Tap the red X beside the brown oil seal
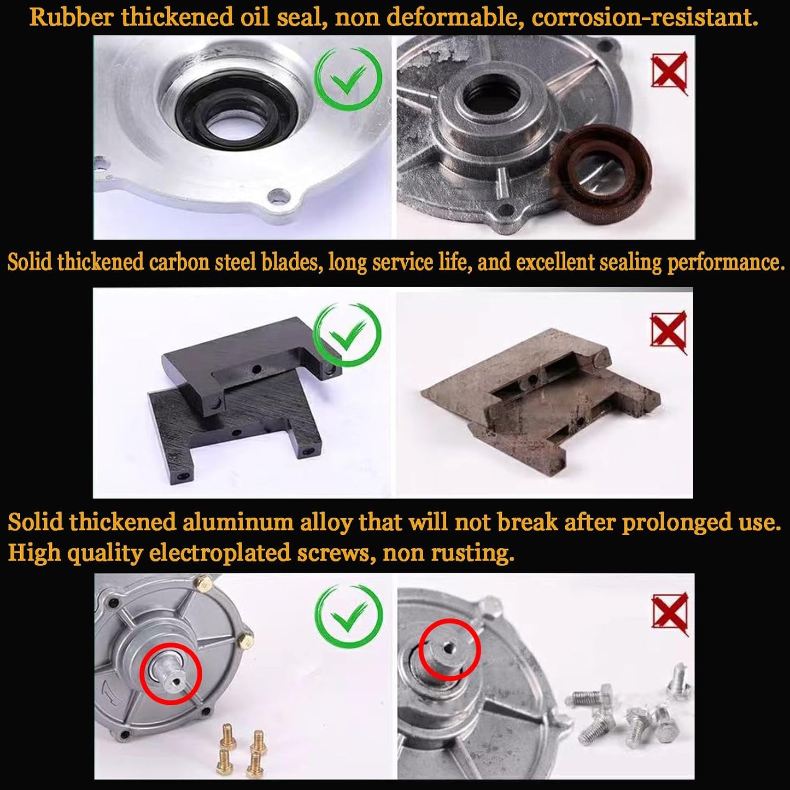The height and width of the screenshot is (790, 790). (x=670, y=72)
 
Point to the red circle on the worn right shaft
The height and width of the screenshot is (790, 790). (x=449, y=649)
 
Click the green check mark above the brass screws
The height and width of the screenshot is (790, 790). (x=348, y=621)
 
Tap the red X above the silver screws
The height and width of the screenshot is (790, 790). (x=670, y=615)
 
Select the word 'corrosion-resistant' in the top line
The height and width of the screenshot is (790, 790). (x=645, y=18)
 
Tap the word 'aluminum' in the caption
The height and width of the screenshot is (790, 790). (x=238, y=523)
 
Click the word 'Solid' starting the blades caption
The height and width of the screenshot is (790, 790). (x=30, y=262)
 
